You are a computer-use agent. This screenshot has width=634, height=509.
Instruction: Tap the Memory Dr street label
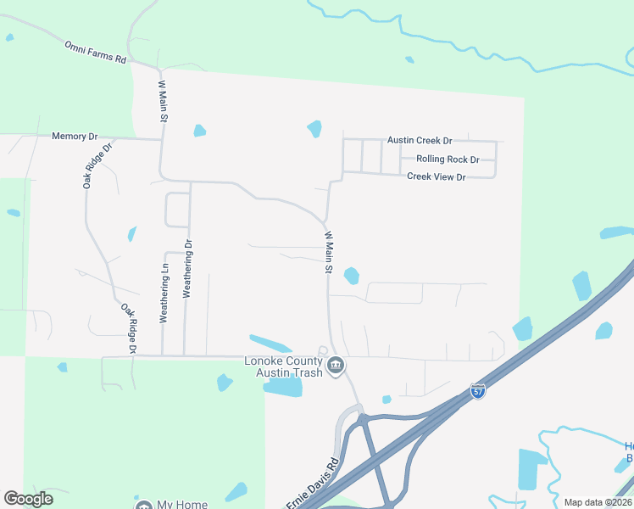(75, 136)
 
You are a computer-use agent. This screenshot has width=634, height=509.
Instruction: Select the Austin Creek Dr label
(420, 140)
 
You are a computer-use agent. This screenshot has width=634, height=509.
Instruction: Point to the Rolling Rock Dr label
(448, 159)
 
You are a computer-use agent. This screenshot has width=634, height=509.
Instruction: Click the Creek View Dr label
(437, 176)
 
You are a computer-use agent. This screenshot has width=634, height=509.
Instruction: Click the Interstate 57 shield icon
(478, 392)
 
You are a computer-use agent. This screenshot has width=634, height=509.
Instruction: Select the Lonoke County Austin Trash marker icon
(336, 366)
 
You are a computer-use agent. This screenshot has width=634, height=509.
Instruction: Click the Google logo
(28, 499)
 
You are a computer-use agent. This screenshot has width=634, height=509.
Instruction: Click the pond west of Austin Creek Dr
(314, 129)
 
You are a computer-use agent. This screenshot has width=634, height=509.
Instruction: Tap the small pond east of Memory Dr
(199, 131)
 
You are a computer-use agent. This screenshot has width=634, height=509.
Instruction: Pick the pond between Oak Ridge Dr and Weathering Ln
(131, 233)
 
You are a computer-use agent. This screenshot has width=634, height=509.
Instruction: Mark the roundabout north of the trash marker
(322, 351)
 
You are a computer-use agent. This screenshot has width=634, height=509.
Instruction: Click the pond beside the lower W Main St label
(350, 276)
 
